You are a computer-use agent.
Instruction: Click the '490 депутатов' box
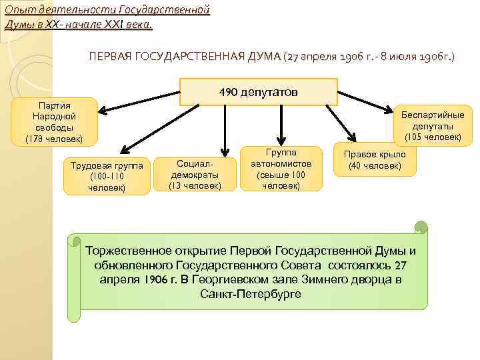(259, 92)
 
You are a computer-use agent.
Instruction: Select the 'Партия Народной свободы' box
(55, 122)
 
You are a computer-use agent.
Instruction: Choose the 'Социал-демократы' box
(196, 174)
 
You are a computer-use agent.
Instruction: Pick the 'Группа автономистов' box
(281, 169)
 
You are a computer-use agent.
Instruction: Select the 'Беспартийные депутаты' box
(432, 125)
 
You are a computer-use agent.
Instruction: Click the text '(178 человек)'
(54, 139)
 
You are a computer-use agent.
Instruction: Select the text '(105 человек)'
(433, 137)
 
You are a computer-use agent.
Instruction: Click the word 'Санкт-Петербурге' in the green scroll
(250, 293)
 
